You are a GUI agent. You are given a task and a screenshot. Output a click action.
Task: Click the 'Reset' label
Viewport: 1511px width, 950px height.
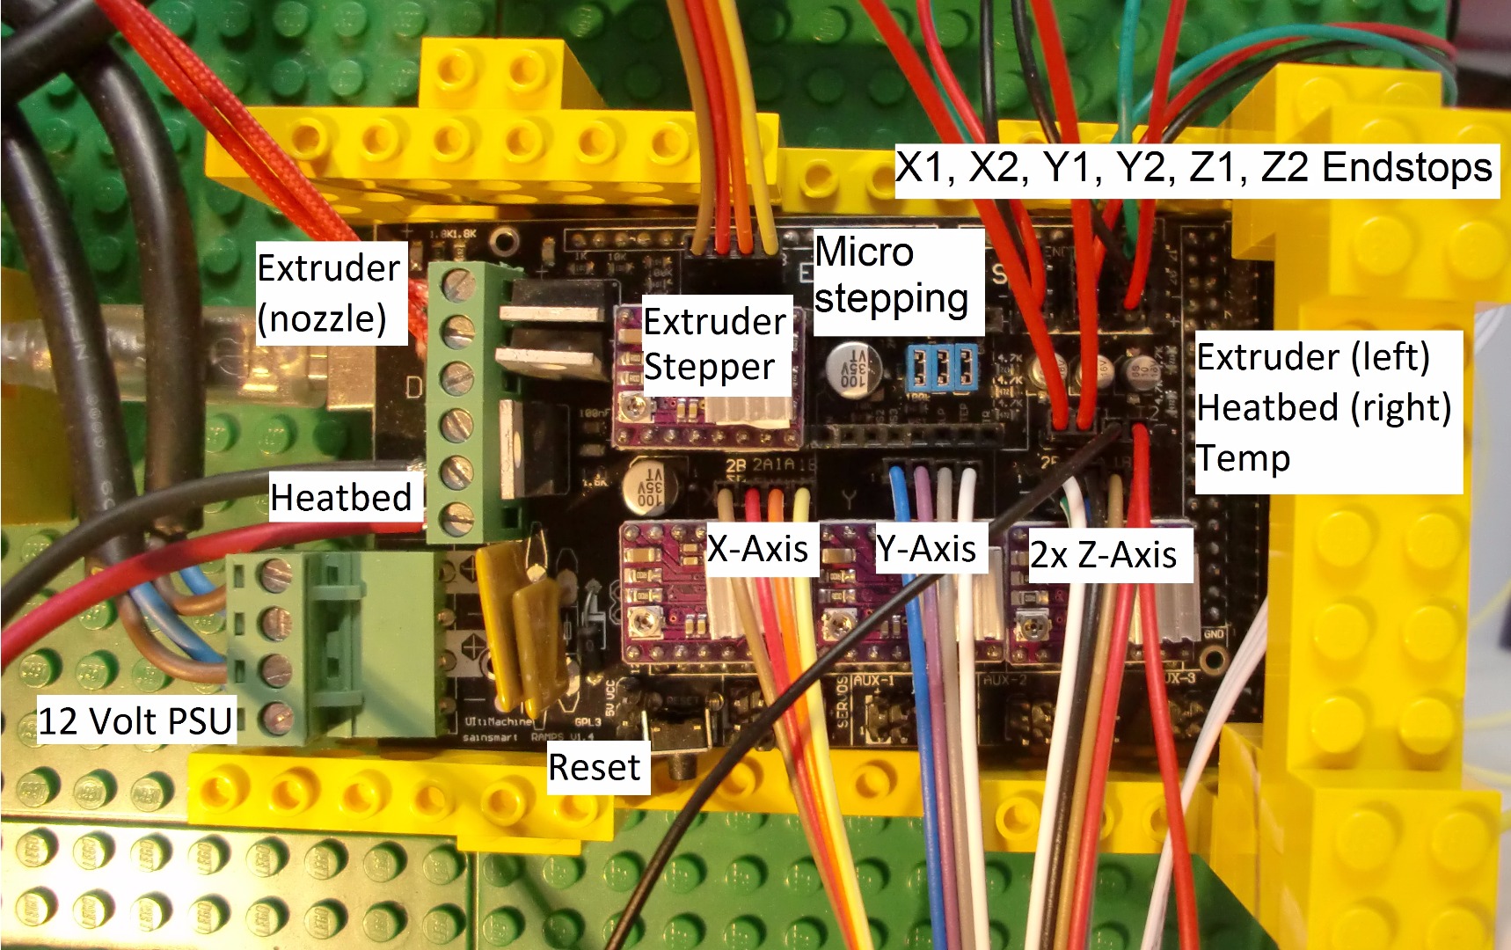[x=595, y=768]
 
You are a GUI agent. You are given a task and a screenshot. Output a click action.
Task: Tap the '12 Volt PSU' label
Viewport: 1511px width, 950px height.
[x=135, y=721]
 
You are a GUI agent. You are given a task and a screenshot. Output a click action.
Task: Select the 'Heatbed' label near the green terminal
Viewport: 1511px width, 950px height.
[x=341, y=498]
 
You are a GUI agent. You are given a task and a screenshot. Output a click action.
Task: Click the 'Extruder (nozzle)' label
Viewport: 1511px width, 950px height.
[x=328, y=293]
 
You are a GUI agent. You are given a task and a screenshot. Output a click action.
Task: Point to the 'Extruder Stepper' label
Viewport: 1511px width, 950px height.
[x=712, y=344]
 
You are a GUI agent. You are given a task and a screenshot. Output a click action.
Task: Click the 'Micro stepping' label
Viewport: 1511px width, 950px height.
[x=890, y=275]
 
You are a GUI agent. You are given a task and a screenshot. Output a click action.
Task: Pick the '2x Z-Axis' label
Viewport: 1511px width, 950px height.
[x=1103, y=555]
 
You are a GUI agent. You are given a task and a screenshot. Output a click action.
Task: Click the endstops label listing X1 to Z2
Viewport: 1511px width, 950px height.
[x=1193, y=167]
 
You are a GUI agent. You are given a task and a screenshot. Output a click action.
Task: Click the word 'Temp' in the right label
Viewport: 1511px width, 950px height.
[x=1243, y=459]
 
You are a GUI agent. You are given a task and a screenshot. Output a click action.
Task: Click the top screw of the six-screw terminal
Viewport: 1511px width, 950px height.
[x=458, y=284]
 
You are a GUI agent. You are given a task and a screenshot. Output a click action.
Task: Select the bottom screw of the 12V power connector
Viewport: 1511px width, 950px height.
[x=277, y=718]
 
